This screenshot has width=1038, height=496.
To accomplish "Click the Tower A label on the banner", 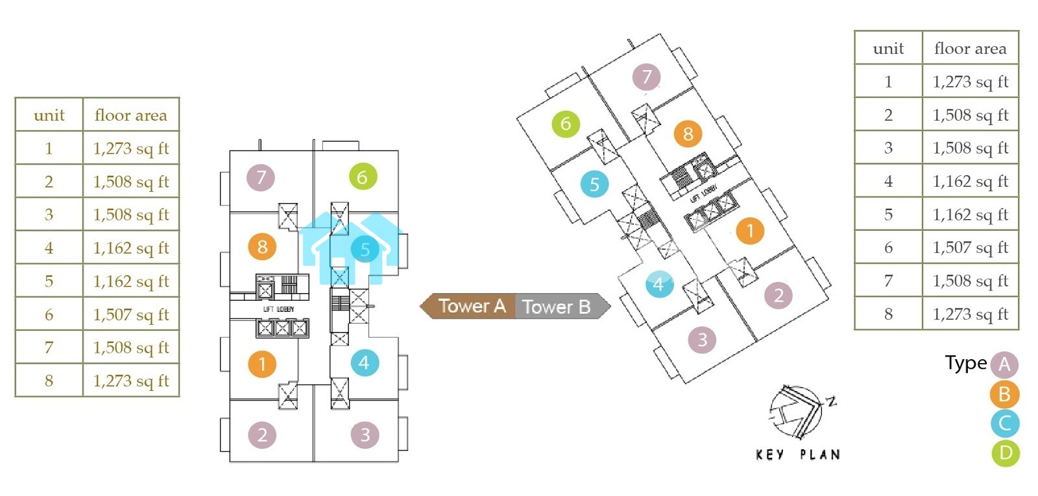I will (x=471, y=306).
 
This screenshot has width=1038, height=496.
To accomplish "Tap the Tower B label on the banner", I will (x=557, y=307).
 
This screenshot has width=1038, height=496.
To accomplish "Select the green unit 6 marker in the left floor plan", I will (x=363, y=177).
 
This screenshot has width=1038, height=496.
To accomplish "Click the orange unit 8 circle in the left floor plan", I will (x=262, y=247).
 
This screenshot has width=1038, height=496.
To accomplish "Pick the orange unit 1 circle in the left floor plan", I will (x=262, y=364).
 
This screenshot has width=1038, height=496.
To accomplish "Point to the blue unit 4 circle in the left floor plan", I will (x=364, y=363).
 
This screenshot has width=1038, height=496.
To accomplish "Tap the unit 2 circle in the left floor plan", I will (x=262, y=434).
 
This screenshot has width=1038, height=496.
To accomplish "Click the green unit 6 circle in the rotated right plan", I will (x=566, y=124).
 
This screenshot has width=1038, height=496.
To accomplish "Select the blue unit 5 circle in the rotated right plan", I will (x=594, y=184).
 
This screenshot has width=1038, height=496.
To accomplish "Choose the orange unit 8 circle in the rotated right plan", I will (x=688, y=134).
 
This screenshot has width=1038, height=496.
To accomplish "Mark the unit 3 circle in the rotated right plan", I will (x=702, y=340).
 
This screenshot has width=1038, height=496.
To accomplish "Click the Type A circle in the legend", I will (x=1004, y=364).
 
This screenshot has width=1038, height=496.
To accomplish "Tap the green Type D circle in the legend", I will (x=1006, y=453).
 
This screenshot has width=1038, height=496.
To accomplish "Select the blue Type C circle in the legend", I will (x=1005, y=423).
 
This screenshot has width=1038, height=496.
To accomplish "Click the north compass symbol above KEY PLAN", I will (x=799, y=412).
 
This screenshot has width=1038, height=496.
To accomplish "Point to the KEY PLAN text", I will (x=798, y=455).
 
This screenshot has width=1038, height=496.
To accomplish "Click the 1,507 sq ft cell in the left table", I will (x=131, y=314).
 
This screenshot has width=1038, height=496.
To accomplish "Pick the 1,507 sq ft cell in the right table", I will (x=970, y=247).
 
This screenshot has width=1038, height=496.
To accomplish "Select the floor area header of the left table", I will (x=131, y=115).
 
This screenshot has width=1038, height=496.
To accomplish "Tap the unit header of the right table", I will (x=888, y=49).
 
